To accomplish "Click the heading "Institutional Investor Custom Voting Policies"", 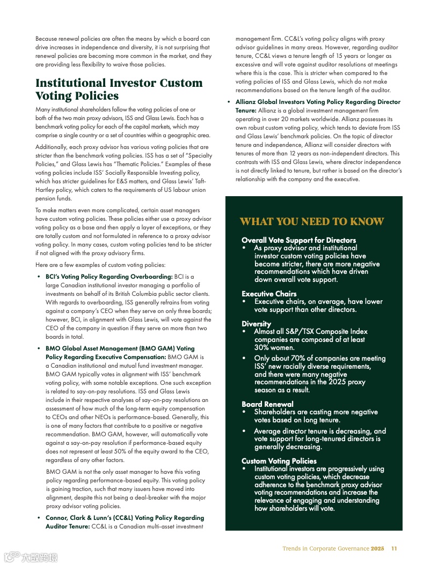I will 119,90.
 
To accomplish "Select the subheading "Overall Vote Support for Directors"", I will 298,240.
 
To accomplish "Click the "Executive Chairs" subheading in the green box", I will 269,294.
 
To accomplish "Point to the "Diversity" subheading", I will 256,324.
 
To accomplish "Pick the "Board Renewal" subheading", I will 267,404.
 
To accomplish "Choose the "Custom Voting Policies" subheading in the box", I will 279,461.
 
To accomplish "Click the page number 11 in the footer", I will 394,548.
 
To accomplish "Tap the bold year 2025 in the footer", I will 378,548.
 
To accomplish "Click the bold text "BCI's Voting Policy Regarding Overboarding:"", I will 108,277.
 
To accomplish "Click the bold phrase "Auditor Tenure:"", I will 67,526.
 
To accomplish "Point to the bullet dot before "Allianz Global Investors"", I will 229,102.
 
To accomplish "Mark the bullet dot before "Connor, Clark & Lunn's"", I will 39,518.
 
